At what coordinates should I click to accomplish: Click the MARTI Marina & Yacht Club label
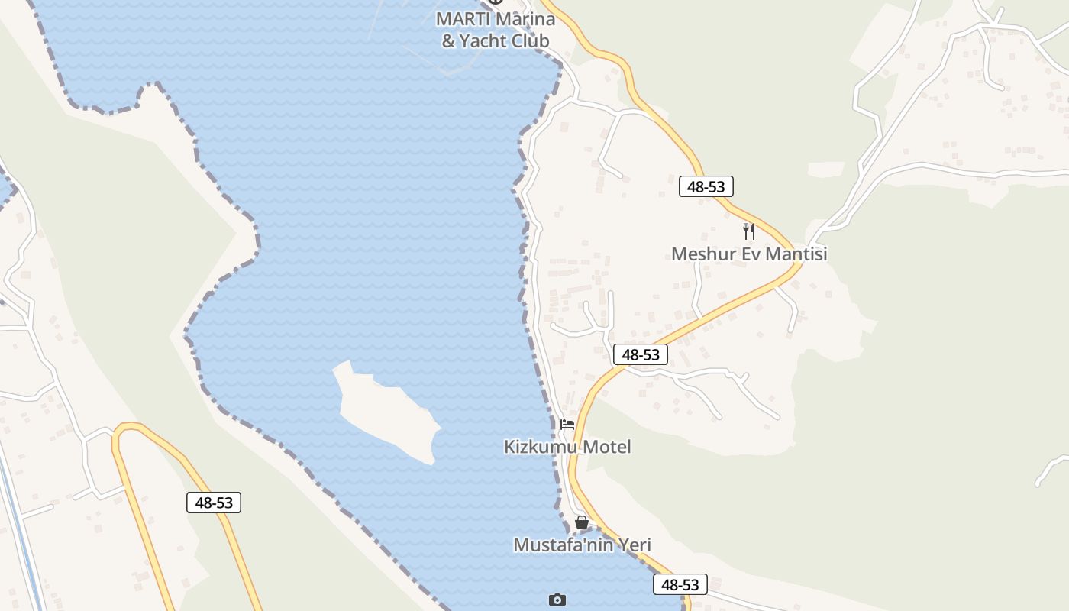496,29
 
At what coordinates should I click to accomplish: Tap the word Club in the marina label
525,40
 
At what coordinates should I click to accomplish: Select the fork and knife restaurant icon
749,231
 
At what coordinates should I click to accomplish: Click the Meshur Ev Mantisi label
749,254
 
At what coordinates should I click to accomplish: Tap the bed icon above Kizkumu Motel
567,425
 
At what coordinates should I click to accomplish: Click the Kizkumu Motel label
567,447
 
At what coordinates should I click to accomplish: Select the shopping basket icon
582,523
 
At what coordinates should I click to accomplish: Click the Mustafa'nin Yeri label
582,545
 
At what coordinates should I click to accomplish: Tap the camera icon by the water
557,600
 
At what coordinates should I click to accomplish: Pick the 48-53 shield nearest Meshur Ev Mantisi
706,186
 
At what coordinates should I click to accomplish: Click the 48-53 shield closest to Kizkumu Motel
641,354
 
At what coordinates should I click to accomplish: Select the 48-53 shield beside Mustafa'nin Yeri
680,584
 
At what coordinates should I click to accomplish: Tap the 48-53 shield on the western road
214,503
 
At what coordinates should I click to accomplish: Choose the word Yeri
635,545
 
